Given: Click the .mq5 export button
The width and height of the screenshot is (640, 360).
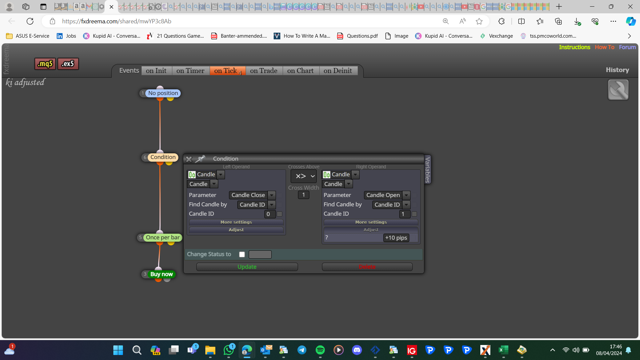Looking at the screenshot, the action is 45,64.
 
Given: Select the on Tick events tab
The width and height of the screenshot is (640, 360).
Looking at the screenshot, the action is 228,71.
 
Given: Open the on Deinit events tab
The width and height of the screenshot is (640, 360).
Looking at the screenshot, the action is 338,71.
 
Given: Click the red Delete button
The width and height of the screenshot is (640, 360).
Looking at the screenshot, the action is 367,267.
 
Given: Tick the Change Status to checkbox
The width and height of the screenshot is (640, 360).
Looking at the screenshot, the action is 242,254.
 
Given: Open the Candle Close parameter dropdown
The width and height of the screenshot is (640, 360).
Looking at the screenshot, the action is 252,195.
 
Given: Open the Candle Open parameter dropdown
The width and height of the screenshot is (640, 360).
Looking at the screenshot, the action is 387,195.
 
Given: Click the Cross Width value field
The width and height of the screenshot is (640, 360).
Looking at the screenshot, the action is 303,195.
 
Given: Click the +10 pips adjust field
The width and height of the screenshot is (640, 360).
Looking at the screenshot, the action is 396,238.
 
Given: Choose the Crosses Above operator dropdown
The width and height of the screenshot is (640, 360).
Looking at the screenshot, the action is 304,176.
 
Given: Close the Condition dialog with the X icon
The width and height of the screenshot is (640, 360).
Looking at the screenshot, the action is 189,159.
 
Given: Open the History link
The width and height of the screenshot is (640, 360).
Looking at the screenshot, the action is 617,70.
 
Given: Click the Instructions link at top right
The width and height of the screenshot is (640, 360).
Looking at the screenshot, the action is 574,47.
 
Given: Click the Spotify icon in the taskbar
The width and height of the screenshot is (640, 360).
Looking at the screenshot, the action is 320,350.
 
